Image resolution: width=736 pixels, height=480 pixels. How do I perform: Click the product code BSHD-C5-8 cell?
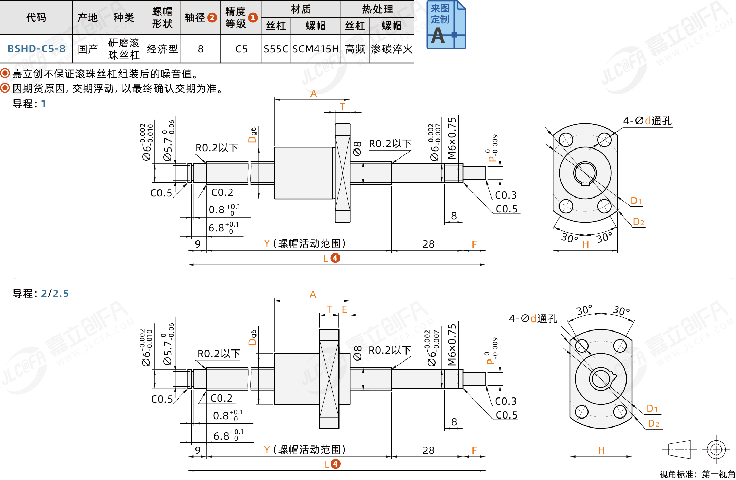coord(36,49)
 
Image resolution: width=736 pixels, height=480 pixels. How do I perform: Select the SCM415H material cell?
coord(315,49)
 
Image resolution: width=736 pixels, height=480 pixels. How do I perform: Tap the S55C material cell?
coord(276,49)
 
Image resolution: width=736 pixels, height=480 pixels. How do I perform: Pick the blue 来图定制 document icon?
coord(446,25)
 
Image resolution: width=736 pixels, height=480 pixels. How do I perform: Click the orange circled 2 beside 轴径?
coord(212,18)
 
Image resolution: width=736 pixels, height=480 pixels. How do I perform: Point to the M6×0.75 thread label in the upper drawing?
coord(452,138)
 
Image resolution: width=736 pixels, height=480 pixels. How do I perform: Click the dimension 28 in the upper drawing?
coord(428,244)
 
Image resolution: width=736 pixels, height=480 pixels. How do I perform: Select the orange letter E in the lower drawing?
coord(344,309)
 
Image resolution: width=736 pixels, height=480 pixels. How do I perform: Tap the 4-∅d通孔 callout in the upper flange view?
coord(647,121)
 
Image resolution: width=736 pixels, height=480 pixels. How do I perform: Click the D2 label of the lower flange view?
coord(653,423)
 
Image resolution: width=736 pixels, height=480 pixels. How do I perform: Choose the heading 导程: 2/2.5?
coord(40,294)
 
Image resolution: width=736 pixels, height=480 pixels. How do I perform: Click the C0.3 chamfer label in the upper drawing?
coord(506,195)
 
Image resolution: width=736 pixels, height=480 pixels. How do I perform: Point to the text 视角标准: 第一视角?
coord(697,474)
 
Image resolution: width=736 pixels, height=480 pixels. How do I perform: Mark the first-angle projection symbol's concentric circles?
coord(716,449)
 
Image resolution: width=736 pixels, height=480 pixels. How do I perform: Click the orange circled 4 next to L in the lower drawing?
coord(335,464)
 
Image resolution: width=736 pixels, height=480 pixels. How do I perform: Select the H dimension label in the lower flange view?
coord(601,450)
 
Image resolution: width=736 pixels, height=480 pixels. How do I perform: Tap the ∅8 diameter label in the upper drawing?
coord(357,148)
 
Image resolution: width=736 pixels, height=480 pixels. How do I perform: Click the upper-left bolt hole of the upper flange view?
coord(566,140)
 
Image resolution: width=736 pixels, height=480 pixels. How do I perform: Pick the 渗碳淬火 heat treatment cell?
coord(391,49)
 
